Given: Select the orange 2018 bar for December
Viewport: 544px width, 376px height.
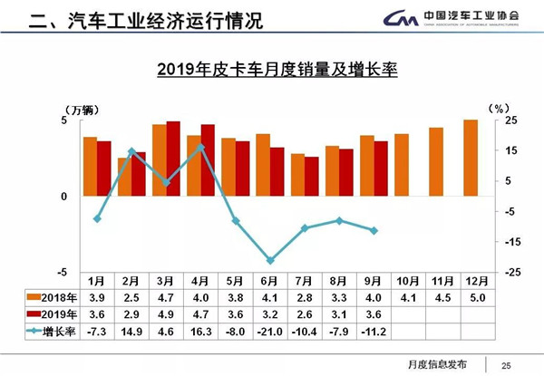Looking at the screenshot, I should [470, 158].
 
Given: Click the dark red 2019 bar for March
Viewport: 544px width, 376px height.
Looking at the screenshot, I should [172, 159].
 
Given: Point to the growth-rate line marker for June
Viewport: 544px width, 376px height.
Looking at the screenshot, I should [270, 260].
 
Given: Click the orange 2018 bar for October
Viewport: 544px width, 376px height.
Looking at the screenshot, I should [402, 165].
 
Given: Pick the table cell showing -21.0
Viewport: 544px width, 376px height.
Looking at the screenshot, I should [270, 332].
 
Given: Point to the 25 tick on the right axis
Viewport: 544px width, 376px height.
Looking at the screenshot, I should [510, 121].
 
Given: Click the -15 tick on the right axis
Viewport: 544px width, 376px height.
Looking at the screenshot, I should [510, 241].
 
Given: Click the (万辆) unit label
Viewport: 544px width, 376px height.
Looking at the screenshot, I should [88, 109].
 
